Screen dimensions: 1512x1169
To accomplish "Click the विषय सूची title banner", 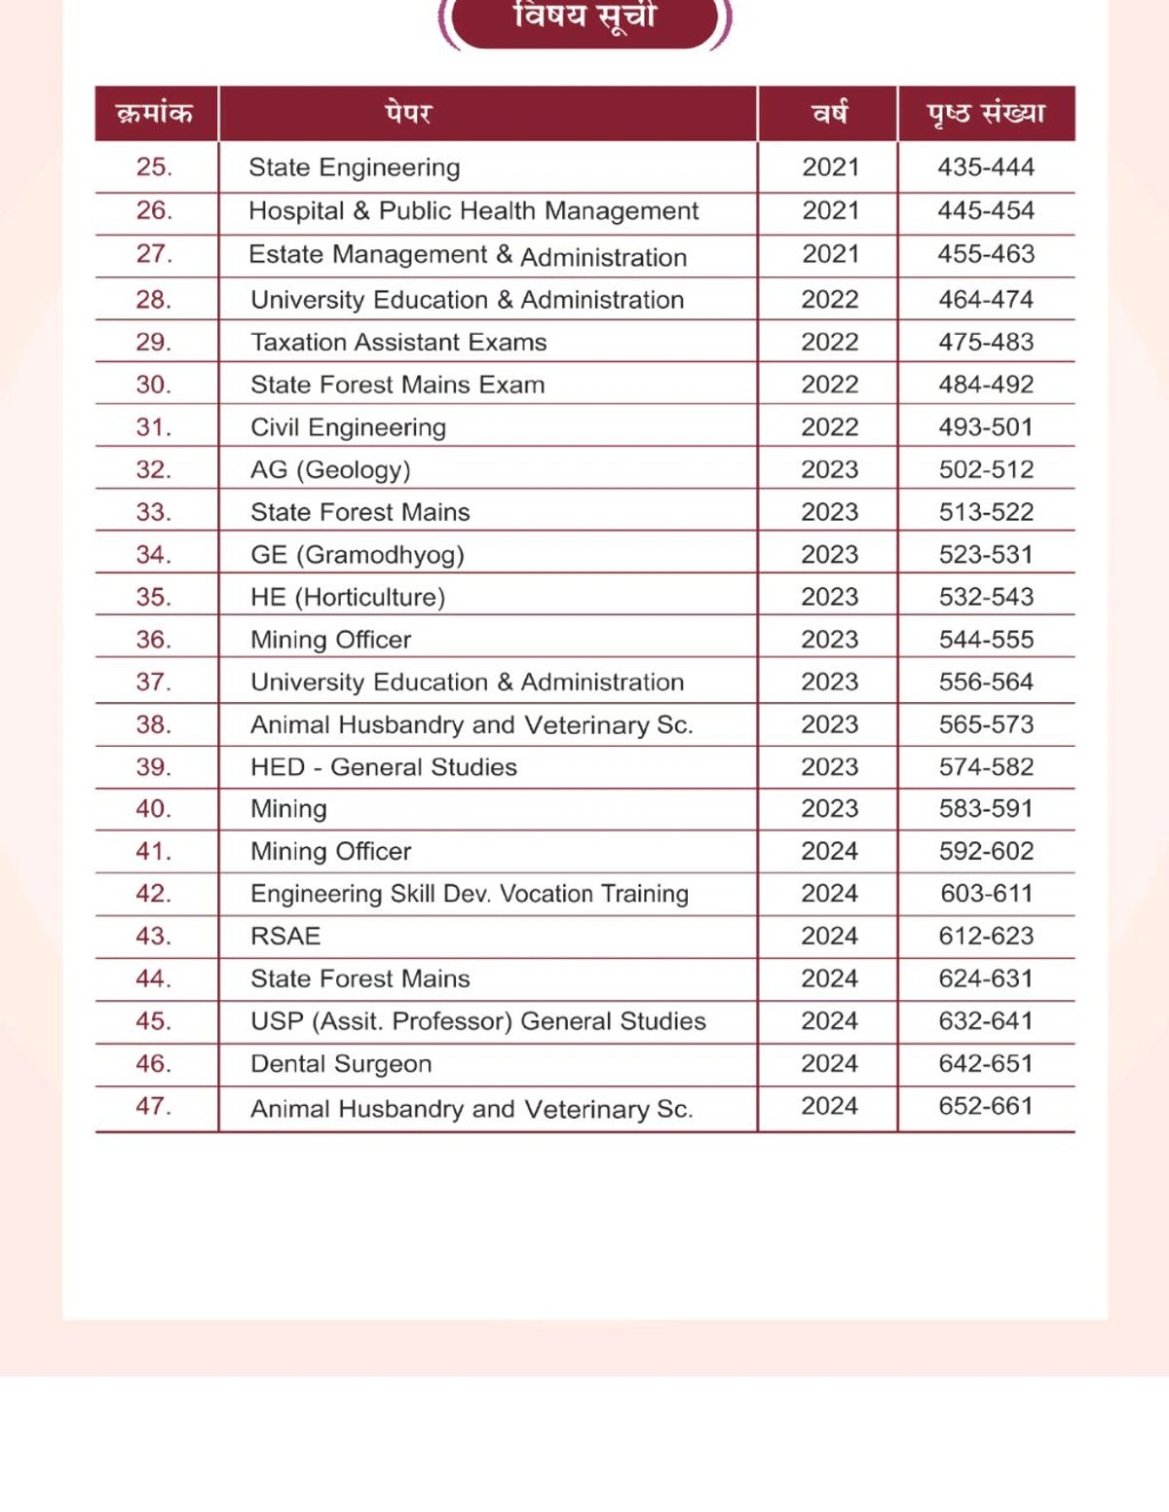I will (x=584, y=19).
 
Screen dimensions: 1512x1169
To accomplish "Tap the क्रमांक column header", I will (x=155, y=113).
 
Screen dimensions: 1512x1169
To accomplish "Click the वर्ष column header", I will (x=830, y=113).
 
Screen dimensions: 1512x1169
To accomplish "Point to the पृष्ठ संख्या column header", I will (x=986, y=113).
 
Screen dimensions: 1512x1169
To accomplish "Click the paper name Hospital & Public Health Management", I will (x=473, y=211).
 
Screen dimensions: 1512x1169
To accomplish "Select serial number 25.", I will (x=154, y=167).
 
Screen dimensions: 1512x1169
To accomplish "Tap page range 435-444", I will (x=986, y=167).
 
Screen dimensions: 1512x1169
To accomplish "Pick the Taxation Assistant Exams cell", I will (x=398, y=343).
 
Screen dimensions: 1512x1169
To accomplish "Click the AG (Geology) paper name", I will (x=330, y=470).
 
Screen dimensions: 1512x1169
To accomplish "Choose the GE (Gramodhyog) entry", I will (x=358, y=555).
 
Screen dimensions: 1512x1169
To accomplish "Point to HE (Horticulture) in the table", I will (x=348, y=598).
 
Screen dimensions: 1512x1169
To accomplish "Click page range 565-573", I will (x=986, y=725).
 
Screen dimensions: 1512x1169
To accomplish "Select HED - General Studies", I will (x=384, y=767).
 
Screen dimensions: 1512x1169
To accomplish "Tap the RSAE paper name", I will (x=285, y=937).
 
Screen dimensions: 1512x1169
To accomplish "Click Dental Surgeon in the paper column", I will (x=341, y=1064).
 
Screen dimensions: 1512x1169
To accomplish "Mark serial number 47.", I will (x=154, y=1107).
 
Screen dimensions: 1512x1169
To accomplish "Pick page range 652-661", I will (x=986, y=1107).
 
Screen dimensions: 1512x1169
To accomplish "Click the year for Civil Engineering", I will (x=830, y=427).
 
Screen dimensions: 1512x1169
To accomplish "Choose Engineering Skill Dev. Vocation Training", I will (x=470, y=894).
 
